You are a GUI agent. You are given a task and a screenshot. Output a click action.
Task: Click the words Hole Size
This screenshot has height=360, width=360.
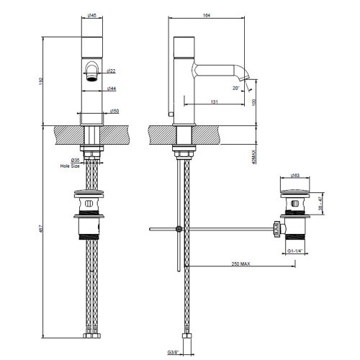(71, 166)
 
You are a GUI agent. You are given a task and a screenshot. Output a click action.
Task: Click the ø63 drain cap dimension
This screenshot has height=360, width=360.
(295, 175)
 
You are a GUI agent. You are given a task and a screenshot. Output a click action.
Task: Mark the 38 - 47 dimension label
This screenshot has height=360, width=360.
(322, 205)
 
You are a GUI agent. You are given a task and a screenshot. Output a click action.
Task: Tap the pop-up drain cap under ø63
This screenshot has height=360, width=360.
(295, 189)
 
